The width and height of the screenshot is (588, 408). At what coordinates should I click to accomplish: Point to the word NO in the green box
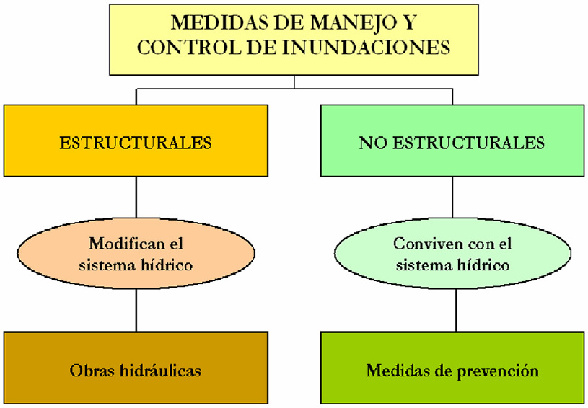pyautogui.click(x=369, y=142)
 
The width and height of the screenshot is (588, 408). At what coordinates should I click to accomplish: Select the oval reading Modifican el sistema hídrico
pyautogui.click(x=136, y=254)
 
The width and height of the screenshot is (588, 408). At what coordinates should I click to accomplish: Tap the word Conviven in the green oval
pyautogui.click(x=422, y=243)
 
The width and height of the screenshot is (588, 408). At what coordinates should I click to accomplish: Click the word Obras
pyautogui.click(x=88, y=371)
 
